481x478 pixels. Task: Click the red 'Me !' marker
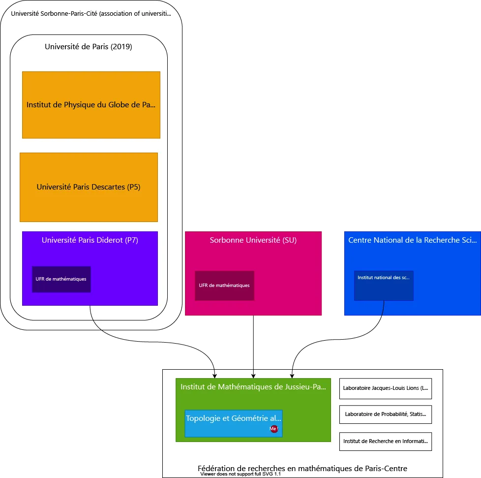(274, 429)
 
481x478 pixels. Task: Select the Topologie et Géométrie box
(233, 419)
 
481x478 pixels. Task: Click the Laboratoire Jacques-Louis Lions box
(385, 388)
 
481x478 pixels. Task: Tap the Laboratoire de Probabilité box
(385, 414)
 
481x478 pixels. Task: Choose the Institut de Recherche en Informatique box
(385, 441)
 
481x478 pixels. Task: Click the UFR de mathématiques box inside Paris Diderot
(61, 279)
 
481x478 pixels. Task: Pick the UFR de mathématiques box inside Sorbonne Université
(224, 286)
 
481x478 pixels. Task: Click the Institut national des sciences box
(384, 286)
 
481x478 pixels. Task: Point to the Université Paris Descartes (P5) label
(89, 187)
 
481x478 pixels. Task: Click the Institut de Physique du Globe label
(90, 105)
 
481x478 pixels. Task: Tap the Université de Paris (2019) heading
(89, 47)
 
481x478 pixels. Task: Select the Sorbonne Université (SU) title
(253, 240)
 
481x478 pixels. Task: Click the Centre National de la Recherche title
(412, 240)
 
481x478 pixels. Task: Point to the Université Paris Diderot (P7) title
(90, 240)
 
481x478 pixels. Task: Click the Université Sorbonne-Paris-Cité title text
(91, 13)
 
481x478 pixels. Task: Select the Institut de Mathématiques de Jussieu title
(253, 387)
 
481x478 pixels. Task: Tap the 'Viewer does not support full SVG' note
(240, 474)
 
